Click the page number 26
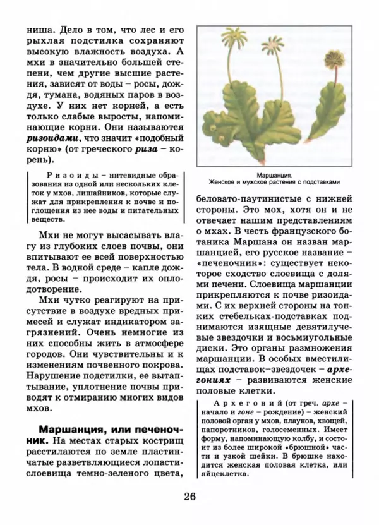tap(190, 495)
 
